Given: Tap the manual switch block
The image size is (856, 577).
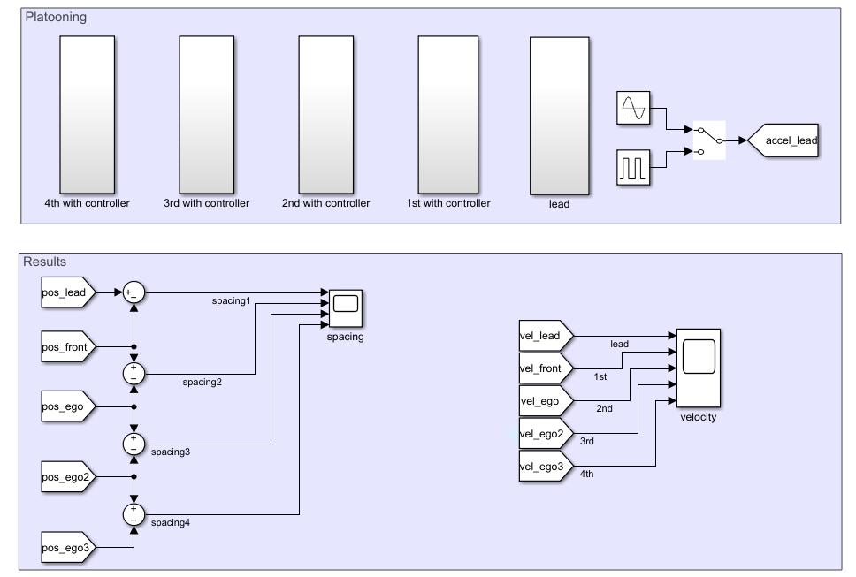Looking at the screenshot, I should pyautogui.click(x=709, y=140).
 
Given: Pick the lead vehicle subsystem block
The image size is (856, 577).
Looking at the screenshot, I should pyautogui.click(x=558, y=115).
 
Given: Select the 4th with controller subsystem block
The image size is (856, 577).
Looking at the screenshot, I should pyautogui.click(x=87, y=115).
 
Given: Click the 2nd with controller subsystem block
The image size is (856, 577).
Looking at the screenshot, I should pyautogui.click(x=326, y=115).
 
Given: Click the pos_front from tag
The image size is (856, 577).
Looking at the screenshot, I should pyautogui.click(x=65, y=347).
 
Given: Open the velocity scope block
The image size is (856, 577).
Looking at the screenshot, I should pyautogui.click(x=698, y=367).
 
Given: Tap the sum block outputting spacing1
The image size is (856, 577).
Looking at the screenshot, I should pyautogui.click(x=134, y=292).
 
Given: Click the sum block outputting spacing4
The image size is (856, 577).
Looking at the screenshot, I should pyautogui.click(x=134, y=513).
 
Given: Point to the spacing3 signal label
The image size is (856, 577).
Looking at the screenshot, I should pyautogui.click(x=170, y=452).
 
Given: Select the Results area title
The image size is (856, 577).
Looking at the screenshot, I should pyautogui.click(x=44, y=262).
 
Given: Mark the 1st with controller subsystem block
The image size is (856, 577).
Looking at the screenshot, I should pyautogui.click(x=447, y=115).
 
